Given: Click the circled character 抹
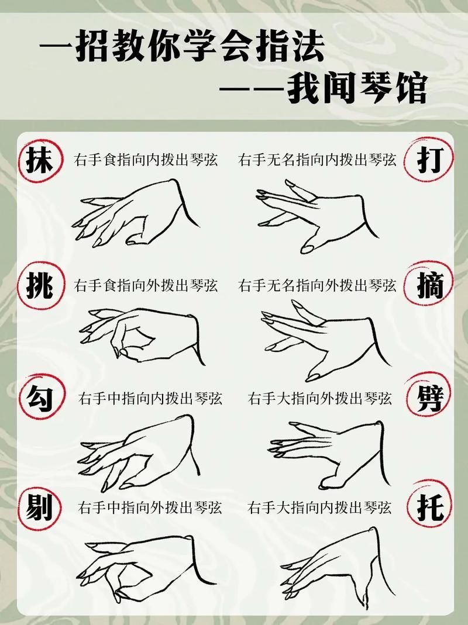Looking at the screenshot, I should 39,160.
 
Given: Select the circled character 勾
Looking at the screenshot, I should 39,398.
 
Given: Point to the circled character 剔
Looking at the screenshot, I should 39,507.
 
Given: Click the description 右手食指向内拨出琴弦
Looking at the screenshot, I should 146,160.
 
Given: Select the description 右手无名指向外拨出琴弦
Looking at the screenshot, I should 317,286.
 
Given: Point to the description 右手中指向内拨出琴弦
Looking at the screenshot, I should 150,399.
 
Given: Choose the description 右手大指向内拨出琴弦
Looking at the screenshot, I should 319,507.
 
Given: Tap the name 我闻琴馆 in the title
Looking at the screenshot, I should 356,89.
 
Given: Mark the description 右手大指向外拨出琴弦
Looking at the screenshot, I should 319,399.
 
